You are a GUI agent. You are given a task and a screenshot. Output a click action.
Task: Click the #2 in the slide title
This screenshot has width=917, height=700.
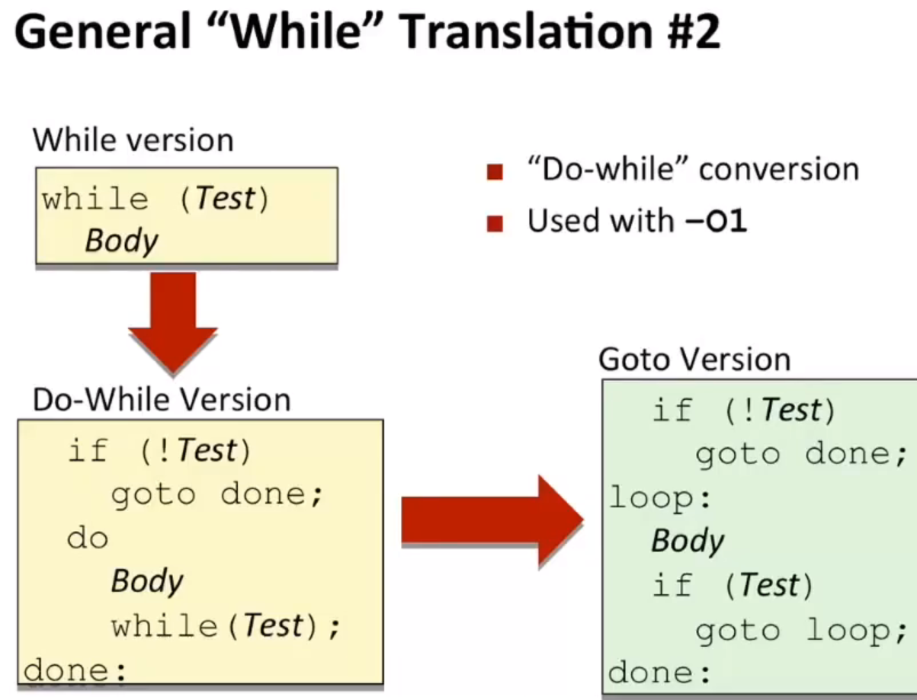click(694, 32)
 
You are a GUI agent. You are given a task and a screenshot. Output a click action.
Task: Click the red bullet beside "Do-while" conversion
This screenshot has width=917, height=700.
click(495, 172)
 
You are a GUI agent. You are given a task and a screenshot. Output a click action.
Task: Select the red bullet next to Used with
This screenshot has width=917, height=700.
click(495, 223)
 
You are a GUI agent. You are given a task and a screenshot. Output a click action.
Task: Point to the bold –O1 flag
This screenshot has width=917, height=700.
click(716, 221)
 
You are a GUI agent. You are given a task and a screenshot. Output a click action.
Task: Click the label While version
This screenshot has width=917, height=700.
click(133, 140)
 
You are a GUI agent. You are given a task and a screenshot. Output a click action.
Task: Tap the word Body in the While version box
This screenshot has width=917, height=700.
click(121, 241)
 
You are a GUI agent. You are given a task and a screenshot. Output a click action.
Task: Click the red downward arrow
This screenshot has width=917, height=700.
click(173, 322)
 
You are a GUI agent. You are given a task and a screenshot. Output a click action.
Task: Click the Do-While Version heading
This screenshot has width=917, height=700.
click(162, 400)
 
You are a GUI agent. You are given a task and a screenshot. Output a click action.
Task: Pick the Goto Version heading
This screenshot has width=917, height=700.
click(694, 359)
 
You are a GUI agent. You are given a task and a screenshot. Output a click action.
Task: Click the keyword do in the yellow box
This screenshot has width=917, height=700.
click(88, 538)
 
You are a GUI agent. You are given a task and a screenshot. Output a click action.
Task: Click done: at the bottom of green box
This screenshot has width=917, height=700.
click(659, 672)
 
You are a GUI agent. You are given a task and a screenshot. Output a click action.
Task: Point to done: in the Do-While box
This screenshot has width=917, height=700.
click(75, 670)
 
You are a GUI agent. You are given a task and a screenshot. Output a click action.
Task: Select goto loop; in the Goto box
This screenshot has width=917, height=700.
click(801, 631)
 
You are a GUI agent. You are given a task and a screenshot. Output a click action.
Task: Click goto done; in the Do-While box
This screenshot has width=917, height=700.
click(217, 495)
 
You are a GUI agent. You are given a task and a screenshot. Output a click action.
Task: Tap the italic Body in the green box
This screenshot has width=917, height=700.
click(688, 541)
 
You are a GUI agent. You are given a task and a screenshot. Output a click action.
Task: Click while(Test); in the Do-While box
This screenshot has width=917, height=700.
click(226, 626)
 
